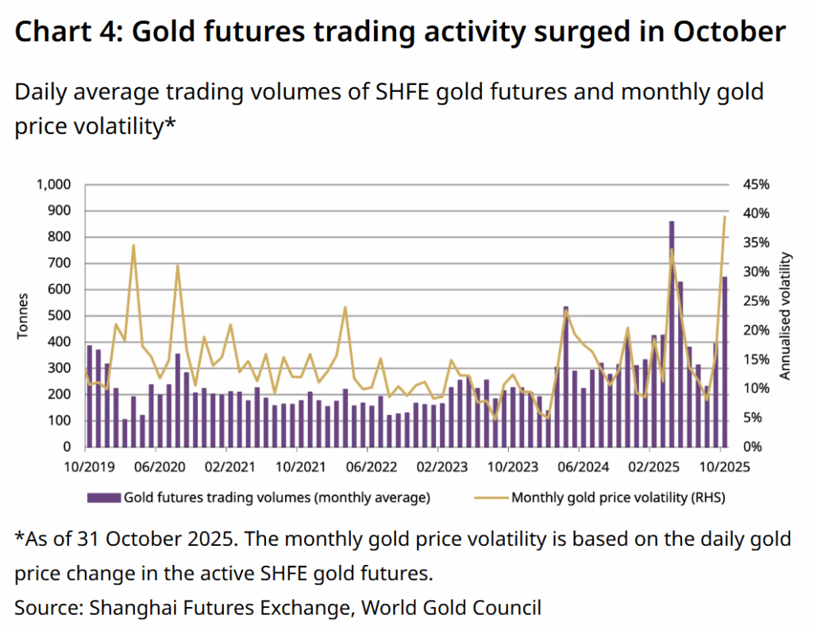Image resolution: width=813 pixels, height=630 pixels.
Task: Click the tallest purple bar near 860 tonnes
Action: click(672, 333)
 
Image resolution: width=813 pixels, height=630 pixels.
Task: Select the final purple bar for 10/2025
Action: click(724, 361)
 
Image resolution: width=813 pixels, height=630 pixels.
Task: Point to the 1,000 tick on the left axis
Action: click(54, 184)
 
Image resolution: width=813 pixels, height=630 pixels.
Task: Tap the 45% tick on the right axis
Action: click(756, 184)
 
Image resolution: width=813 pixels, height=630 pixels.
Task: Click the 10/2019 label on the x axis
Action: click(85, 468)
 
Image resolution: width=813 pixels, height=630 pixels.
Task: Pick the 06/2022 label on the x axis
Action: click(367, 468)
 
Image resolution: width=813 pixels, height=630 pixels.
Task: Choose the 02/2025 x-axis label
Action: click(649, 468)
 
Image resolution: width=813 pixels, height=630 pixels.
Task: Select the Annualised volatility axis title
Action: click(786, 316)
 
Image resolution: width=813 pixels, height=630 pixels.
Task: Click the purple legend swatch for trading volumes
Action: click(103, 498)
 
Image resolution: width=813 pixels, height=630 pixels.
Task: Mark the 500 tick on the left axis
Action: click(60, 316)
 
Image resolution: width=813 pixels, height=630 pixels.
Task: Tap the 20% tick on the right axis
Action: click(756, 330)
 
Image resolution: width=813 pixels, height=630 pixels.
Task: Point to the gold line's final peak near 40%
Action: click(724, 217)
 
